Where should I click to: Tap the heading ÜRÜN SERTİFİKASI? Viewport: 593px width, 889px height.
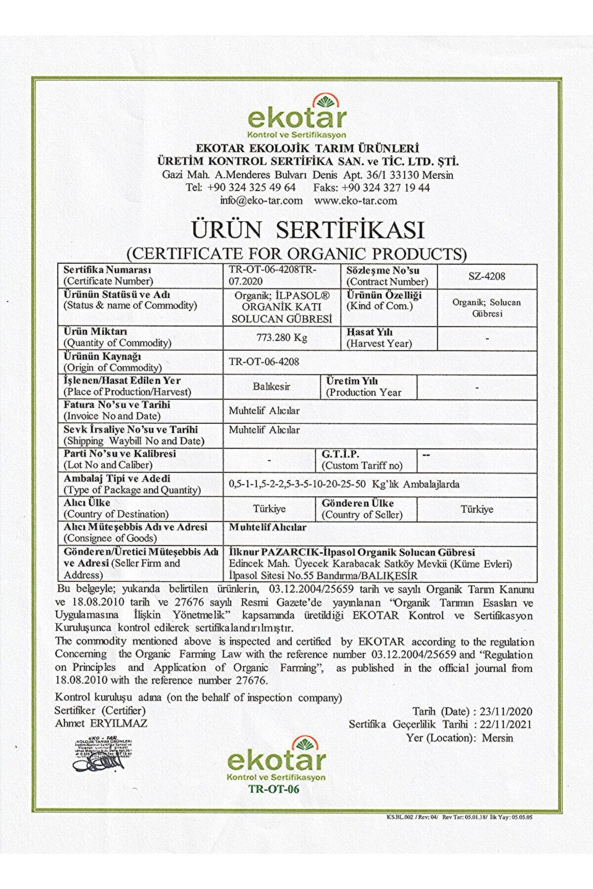click(308, 230)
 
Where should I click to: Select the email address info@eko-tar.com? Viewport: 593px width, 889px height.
click(261, 201)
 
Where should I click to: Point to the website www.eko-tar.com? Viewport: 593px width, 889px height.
click(355, 201)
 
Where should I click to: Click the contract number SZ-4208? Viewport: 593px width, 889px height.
click(487, 276)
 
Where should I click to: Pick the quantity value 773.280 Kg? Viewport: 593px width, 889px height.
click(282, 338)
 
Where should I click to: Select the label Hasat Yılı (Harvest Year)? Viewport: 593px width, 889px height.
click(379, 338)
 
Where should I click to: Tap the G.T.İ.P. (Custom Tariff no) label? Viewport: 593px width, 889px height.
click(362, 460)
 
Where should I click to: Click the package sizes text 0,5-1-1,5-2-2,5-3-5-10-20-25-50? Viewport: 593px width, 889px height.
click(297, 484)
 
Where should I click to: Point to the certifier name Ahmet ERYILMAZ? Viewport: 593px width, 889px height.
click(101, 723)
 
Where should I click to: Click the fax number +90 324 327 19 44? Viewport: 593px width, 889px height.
click(385, 188)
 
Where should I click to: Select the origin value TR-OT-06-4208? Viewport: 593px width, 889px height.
click(264, 362)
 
